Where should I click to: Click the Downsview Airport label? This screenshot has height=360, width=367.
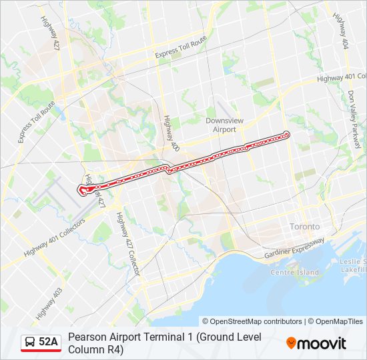(220, 125)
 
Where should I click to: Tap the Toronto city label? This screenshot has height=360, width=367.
(305, 227)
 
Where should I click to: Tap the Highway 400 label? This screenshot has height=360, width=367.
(170, 131)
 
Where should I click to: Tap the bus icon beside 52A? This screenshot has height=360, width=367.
(29, 342)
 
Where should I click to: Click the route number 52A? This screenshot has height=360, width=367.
(49, 342)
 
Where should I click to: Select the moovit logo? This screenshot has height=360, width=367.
(316, 343)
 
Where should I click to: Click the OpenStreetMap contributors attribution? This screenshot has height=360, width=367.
(252, 321)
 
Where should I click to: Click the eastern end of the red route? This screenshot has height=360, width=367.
(287, 134)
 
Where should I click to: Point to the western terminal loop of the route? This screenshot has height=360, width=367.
(83, 190)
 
